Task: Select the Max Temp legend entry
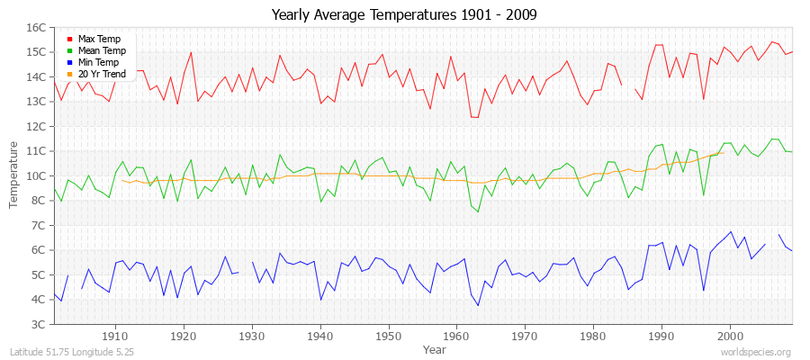pyautogui.click(x=99, y=40)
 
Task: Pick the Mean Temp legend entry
pyautogui.click(x=102, y=51)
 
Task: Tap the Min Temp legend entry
pyautogui.click(x=98, y=62)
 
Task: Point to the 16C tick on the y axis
pyautogui.click(x=35, y=27)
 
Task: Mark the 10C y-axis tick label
pyautogui.click(x=35, y=175)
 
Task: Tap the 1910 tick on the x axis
pyautogui.click(x=115, y=337)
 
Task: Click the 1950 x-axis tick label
pyautogui.click(x=388, y=337)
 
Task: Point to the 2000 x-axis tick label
pyautogui.click(x=730, y=337)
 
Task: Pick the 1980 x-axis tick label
pyautogui.click(x=593, y=337)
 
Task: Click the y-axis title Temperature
pyautogui.click(x=14, y=175)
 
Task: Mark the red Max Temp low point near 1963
pyautogui.click(x=477, y=117)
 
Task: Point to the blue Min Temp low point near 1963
pyautogui.click(x=477, y=305)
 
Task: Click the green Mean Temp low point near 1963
pyautogui.click(x=477, y=211)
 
